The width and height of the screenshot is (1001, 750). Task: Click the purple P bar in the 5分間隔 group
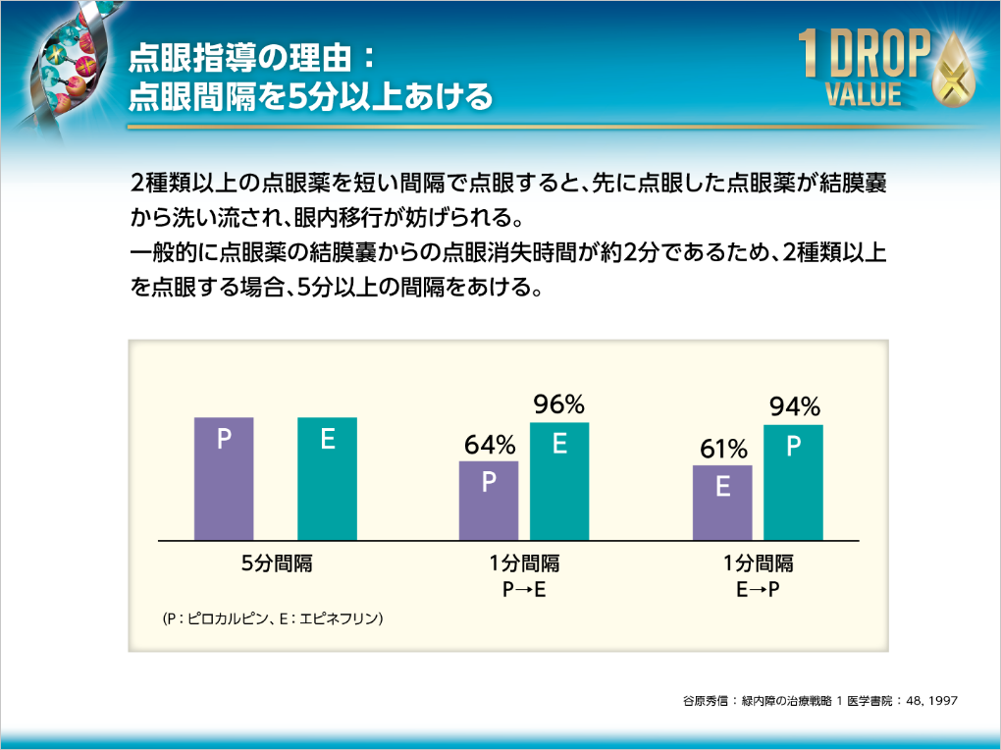click(x=224, y=479)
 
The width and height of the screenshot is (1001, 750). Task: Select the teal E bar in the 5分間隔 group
click(x=327, y=479)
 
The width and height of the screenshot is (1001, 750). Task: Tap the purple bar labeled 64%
click(x=489, y=501)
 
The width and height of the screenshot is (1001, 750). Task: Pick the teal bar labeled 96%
click(x=559, y=481)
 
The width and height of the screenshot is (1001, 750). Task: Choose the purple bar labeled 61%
click(x=722, y=503)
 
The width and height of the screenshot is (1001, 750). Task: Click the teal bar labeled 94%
click(x=793, y=482)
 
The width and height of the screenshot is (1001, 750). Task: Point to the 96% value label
click(x=559, y=404)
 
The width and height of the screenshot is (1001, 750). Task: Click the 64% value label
click(x=490, y=445)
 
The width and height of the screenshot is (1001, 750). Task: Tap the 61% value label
click(x=723, y=450)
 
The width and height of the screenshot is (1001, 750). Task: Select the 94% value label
click(x=794, y=406)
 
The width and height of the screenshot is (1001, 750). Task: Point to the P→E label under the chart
click(x=524, y=589)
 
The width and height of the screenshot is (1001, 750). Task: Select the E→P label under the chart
click(x=758, y=589)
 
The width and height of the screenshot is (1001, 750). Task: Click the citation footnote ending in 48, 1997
click(x=818, y=701)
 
